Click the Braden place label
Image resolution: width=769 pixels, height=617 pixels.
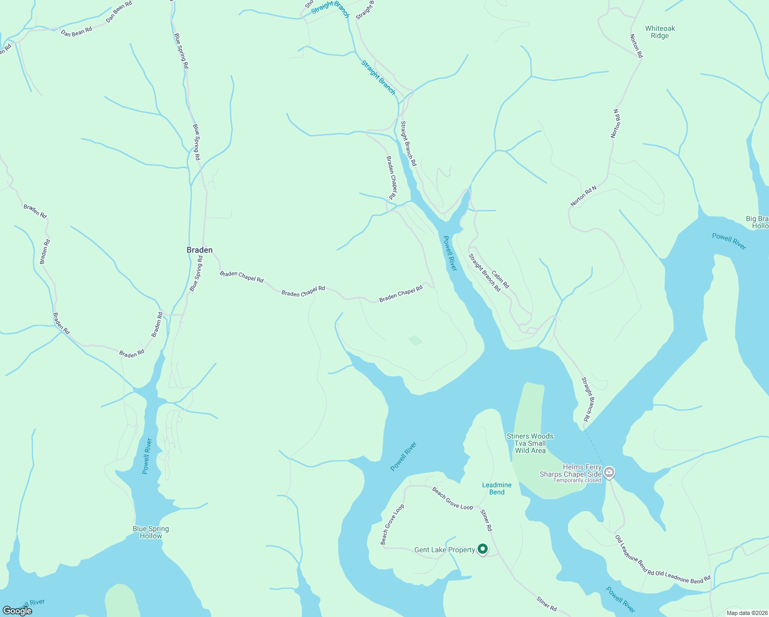pyautogui.click(x=199, y=250)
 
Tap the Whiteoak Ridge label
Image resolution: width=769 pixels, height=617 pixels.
pyautogui.click(x=660, y=32)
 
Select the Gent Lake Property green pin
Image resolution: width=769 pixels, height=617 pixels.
pyautogui.click(x=483, y=550)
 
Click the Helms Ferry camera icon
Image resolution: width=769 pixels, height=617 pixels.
pyautogui.click(x=609, y=472)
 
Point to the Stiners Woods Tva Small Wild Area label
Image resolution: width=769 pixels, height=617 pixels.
pyautogui.click(x=530, y=443)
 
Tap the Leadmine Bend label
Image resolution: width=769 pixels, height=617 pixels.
pyautogui.click(x=497, y=488)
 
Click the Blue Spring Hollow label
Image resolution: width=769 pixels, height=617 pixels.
pyautogui.click(x=151, y=532)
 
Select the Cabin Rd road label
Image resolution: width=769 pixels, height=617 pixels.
pyautogui.click(x=500, y=279)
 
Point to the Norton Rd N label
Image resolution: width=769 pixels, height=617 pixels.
pyautogui.click(x=583, y=196)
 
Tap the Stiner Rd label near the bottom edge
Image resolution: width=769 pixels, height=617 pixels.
pyautogui.click(x=546, y=604)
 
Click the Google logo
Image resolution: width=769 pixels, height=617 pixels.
pyautogui.click(x=17, y=611)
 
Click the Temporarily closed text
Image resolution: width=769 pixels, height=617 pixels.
pyautogui.click(x=577, y=481)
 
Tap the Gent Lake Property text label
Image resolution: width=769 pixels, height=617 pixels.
pyautogui.click(x=445, y=550)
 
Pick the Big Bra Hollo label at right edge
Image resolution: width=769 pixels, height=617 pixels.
pyautogui.click(x=758, y=222)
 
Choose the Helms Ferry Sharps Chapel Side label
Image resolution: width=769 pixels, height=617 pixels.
pyautogui.click(x=571, y=470)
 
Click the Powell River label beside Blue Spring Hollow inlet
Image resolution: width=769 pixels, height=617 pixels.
pyautogui.click(x=148, y=456)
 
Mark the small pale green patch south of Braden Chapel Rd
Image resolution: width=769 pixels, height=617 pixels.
pyautogui.click(x=415, y=340)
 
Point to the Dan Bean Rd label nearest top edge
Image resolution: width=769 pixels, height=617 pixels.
pyautogui.click(x=119, y=11)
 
